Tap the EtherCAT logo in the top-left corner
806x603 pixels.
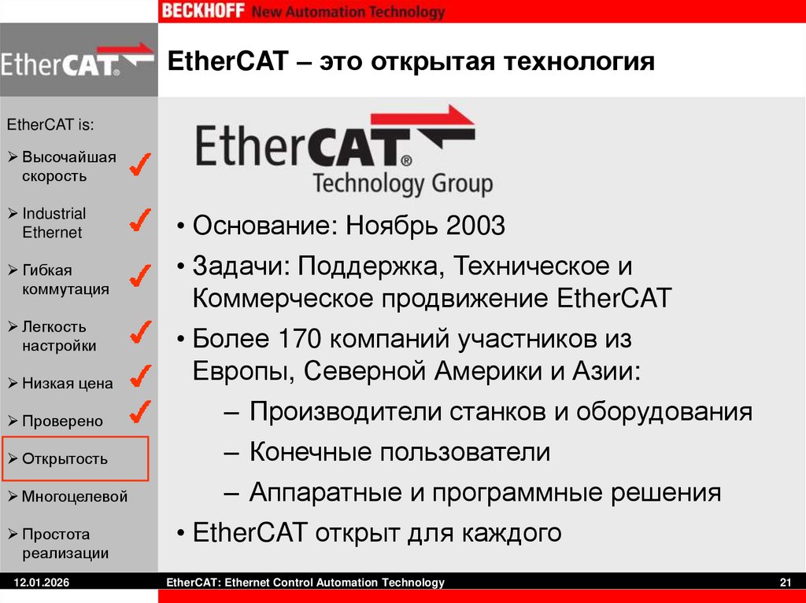[x=78, y=60]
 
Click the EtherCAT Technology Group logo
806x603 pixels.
[x=336, y=151]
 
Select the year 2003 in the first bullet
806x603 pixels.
[x=475, y=227]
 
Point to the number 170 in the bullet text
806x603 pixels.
[x=299, y=340]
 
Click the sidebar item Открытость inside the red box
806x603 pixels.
[x=65, y=459]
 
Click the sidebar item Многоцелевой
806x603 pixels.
[x=74, y=497]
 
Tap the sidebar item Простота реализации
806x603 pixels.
[x=65, y=543]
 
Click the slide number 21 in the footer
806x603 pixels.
[x=784, y=583]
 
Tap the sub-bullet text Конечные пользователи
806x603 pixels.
[x=400, y=453]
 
